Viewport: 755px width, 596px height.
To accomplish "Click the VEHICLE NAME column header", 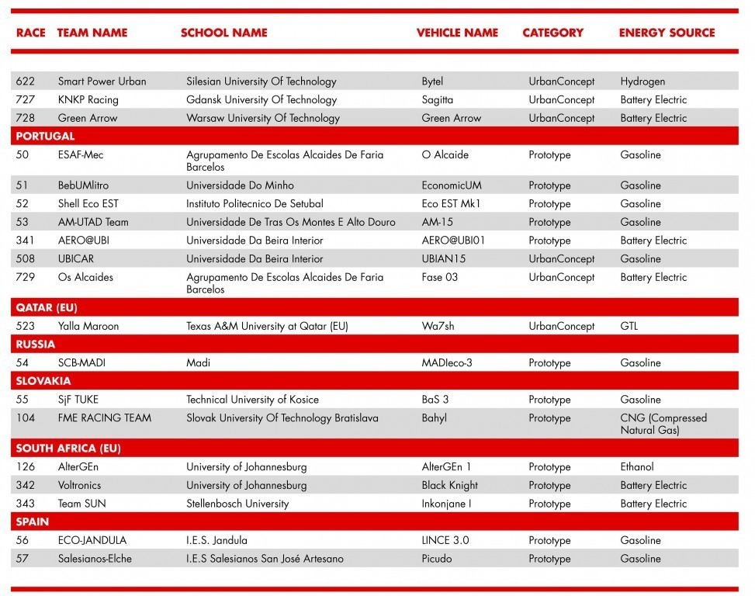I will (457, 33).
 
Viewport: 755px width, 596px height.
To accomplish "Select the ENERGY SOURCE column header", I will (667, 33).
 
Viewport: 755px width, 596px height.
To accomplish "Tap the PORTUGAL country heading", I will (45, 137).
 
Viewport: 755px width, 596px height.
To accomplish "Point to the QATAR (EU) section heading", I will (47, 308).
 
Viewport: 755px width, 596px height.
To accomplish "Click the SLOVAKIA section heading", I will (43, 381).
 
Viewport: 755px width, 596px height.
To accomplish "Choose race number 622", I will (26, 81).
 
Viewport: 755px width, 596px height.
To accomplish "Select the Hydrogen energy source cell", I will (642, 81).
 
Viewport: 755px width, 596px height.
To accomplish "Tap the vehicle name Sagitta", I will (438, 100).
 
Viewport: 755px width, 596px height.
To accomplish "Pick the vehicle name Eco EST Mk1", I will (452, 204).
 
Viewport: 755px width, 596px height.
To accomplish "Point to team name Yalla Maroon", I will (88, 327).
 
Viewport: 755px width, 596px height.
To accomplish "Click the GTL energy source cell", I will (629, 327).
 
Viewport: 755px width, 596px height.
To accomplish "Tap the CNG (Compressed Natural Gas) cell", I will (663, 424).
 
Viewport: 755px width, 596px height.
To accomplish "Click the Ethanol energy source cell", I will (637, 467).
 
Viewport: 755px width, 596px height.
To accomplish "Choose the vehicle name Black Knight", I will (450, 486).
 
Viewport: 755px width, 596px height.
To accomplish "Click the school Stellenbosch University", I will (237, 504).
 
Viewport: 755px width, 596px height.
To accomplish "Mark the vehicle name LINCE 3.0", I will (445, 541).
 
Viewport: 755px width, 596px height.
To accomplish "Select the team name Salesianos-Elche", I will (95, 559).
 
